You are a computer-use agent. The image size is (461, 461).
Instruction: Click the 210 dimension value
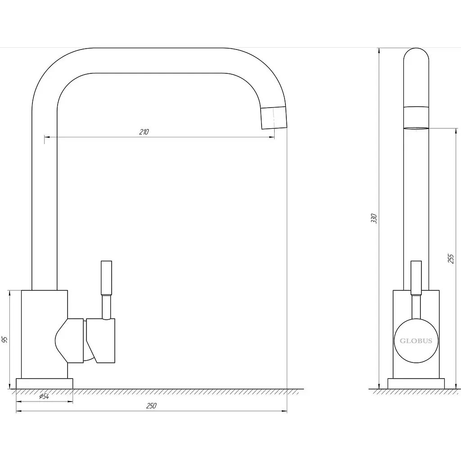coord(144,132)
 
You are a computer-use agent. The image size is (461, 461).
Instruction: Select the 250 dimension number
coord(151,406)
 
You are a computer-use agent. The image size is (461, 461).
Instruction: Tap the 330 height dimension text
coord(374,218)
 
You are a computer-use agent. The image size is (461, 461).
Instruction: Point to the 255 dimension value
coord(451,258)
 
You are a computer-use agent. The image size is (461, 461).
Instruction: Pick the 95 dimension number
coord(5,339)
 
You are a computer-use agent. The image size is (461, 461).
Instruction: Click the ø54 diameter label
coord(44,396)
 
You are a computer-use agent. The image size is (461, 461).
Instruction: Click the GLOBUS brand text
coord(416,341)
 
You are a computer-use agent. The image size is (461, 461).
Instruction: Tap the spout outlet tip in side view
coord(416,128)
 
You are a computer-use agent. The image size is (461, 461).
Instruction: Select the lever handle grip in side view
coord(416,277)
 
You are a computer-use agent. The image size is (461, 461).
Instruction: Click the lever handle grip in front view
coord(106,277)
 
